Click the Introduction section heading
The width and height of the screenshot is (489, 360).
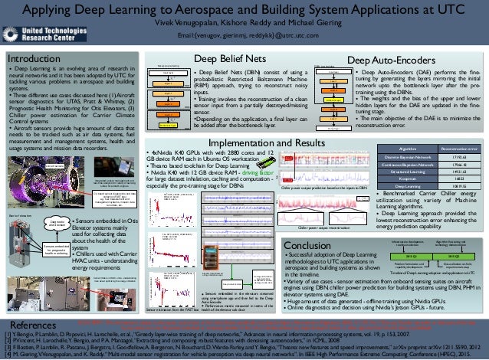click(x=34, y=58)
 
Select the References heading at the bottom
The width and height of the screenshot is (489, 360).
click(x=28, y=326)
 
